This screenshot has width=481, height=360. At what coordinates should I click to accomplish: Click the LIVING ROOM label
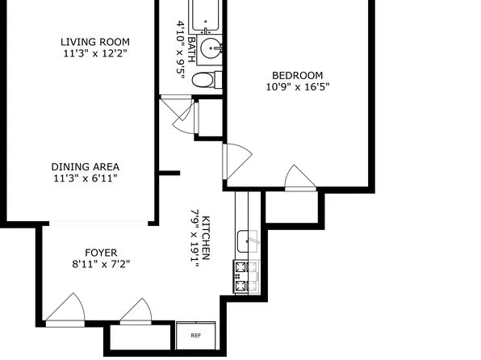[x=95, y=42]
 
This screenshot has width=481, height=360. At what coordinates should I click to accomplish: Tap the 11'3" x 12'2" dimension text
[x=95, y=54]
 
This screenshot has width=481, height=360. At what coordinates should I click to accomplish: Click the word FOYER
[x=101, y=251]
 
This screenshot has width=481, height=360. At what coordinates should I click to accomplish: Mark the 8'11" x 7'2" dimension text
[x=101, y=262]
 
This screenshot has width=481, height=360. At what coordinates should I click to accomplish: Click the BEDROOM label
[x=297, y=73]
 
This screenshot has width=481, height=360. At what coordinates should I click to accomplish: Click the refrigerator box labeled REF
[x=195, y=335]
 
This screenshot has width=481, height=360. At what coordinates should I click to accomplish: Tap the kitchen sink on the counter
[x=246, y=240]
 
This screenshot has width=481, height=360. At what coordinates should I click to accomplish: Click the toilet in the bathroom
[x=207, y=79]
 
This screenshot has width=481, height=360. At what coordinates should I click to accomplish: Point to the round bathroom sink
[x=213, y=48]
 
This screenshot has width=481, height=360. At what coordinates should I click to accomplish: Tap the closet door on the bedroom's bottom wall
[x=299, y=178]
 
